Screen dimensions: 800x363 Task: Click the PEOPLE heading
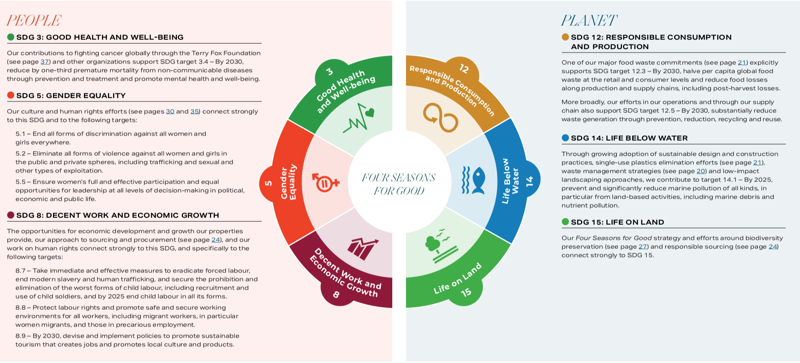(x=34, y=20)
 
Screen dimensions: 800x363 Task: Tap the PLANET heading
(x=589, y=20)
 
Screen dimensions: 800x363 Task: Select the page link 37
(x=45, y=62)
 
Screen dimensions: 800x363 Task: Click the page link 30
(x=170, y=112)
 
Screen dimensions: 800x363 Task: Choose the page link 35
(x=195, y=112)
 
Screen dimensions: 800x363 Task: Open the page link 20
(x=701, y=171)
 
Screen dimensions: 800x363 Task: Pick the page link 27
(x=643, y=247)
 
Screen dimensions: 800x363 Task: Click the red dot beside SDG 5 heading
(x=11, y=95)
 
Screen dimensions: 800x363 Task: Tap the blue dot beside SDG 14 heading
(x=565, y=138)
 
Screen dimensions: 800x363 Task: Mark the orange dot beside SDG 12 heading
(x=565, y=37)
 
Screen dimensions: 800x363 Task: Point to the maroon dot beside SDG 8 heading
(x=11, y=215)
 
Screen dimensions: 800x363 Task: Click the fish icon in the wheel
(x=473, y=180)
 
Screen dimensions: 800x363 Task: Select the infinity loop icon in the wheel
(x=440, y=117)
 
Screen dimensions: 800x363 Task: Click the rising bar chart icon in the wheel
(x=363, y=248)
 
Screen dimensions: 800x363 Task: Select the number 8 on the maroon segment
(x=336, y=294)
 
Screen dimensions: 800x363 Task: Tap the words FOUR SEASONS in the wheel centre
(x=399, y=178)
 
